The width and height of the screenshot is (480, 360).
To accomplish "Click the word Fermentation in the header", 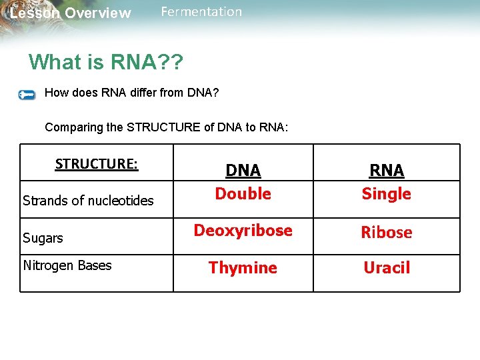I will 201,12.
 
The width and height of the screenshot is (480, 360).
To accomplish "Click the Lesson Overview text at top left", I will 70,13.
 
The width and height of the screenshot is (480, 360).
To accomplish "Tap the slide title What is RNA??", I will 106,62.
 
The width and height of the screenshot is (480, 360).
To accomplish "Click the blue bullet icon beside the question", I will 27,95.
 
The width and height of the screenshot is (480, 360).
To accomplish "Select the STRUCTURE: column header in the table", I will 97,164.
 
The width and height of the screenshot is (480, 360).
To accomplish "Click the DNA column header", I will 243,170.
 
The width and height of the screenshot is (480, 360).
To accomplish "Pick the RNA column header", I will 387,170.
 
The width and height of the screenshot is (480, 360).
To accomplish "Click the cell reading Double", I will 243,194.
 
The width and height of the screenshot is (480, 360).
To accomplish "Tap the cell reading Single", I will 387,194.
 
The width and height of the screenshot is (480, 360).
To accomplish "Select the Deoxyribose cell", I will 243,231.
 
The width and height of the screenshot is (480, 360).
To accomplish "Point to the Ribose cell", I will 387,233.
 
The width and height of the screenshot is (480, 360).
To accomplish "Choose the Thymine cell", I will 243,268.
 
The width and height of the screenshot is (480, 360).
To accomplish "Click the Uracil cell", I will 387,268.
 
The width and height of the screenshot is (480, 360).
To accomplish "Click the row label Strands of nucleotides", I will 88,201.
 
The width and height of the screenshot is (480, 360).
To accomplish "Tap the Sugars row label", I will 43,238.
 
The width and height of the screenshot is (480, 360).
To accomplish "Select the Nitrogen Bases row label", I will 67,265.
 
